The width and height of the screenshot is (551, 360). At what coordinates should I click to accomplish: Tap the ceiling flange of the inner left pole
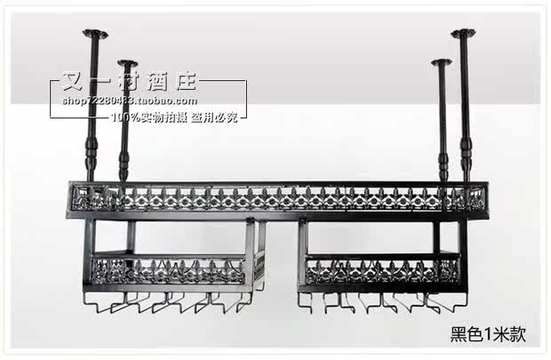[127, 63]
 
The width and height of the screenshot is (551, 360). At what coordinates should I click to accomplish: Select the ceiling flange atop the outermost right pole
[462, 34]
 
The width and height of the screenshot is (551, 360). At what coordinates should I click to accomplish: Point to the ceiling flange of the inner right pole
[441, 62]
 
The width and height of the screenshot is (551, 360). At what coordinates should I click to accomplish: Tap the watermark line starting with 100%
[172, 116]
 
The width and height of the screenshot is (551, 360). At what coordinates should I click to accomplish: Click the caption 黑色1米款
[489, 335]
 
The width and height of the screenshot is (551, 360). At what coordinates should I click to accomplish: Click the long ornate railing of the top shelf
[277, 198]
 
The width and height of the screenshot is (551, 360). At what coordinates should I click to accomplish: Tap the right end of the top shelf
[483, 197]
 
